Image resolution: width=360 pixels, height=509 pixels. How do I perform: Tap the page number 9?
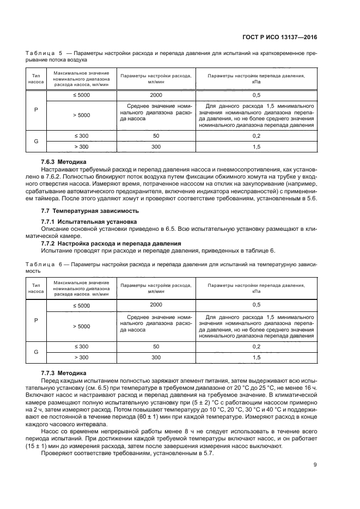[315, 464]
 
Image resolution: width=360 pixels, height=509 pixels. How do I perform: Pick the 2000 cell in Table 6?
[156, 305]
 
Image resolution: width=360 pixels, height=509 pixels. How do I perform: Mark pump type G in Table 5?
[36, 141]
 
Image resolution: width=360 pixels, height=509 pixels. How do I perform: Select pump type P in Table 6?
[36, 320]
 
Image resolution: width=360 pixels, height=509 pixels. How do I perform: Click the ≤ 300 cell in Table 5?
[81, 136]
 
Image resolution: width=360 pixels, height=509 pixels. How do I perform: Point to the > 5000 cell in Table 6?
[81, 326]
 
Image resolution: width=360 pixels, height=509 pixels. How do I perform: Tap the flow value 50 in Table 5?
[156, 136]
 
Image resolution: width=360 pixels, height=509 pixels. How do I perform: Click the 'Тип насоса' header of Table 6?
[36, 288]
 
